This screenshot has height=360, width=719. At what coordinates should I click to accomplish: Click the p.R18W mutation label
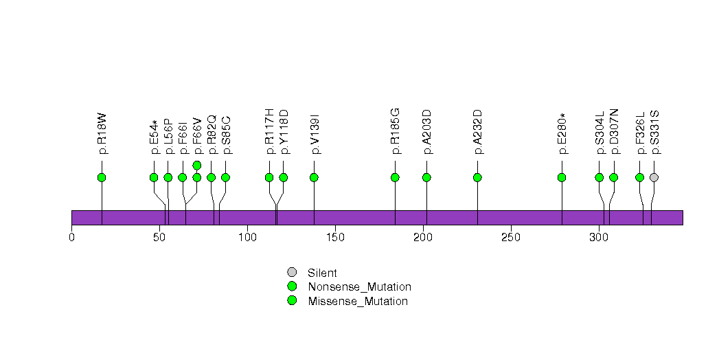click(x=102, y=133)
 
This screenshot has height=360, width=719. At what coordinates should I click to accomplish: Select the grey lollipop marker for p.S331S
click(x=654, y=177)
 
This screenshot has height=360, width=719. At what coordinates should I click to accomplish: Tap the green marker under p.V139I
click(x=314, y=177)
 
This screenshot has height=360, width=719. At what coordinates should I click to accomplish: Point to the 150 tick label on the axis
click(x=335, y=237)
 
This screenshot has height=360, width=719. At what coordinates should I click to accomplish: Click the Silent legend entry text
click(x=322, y=273)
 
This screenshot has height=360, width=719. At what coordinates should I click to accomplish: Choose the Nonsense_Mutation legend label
click(x=360, y=287)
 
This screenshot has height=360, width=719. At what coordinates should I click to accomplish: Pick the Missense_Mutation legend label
click(x=358, y=302)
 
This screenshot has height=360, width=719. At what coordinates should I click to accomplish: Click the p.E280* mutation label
click(x=562, y=133)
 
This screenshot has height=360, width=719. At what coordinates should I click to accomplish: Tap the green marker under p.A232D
click(x=477, y=177)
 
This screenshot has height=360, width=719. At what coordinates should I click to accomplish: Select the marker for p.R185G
click(x=395, y=177)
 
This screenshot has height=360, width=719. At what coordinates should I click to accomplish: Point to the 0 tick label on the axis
click(x=71, y=237)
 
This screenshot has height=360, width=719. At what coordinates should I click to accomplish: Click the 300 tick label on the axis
click(x=599, y=237)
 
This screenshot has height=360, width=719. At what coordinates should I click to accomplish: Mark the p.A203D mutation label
click(x=426, y=132)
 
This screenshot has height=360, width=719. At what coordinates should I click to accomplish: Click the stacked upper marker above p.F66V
click(x=196, y=165)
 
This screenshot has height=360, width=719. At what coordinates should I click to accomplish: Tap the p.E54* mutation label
click(x=154, y=136)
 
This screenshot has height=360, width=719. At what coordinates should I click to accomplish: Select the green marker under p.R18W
click(x=102, y=177)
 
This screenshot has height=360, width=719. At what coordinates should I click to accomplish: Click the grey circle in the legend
click(x=292, y=273)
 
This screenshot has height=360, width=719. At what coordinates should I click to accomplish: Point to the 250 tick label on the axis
click(x=511, y=237)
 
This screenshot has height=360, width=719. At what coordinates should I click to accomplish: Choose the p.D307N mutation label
click(x=613, y=131)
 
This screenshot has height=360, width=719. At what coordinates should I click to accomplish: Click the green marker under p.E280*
click(x=562, y=177)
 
